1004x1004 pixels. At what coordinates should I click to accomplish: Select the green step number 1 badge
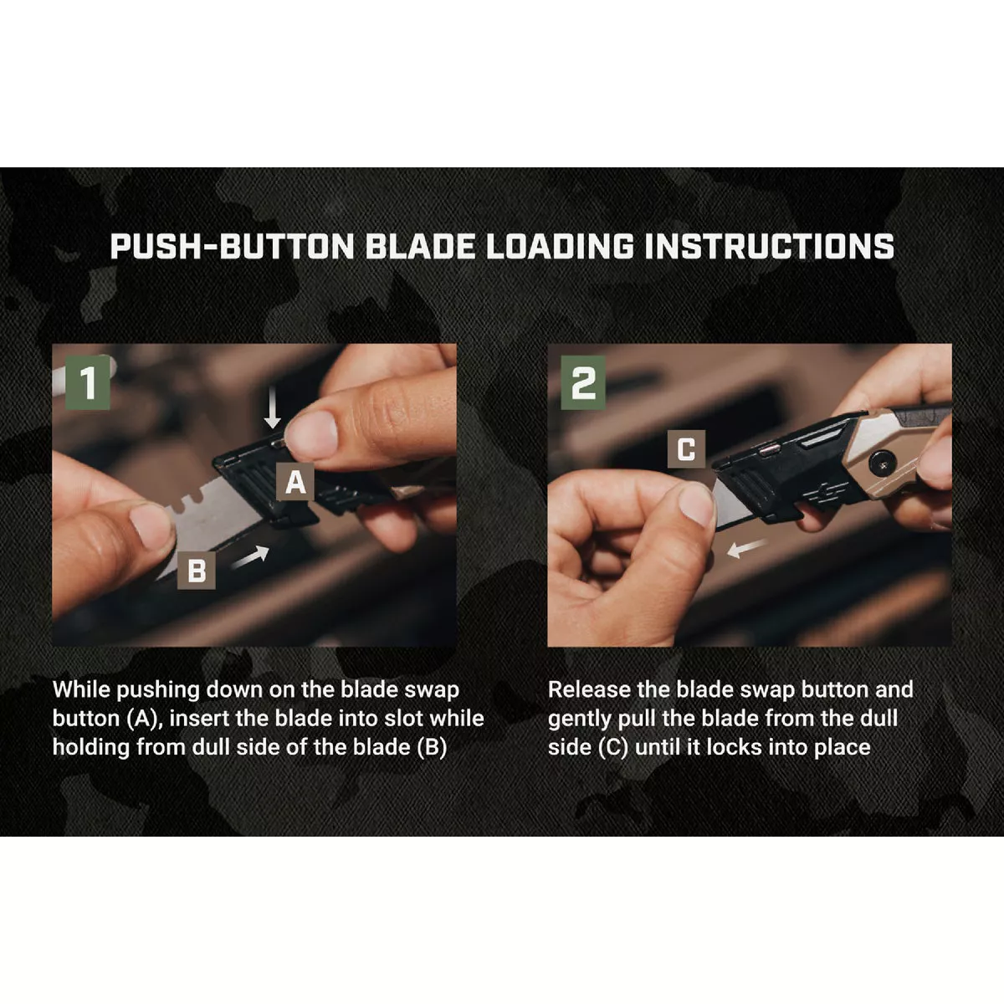coord(87,384)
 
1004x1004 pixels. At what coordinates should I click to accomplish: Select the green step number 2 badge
coord(583,384)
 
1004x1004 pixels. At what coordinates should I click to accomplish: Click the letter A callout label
coord(296,483)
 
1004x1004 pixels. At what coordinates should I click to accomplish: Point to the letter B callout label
coord(197,571)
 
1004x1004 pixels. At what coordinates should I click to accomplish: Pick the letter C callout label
coord(686,449)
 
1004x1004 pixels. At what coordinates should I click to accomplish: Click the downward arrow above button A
coord(273,410)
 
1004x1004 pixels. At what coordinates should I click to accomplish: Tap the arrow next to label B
coord(250,557)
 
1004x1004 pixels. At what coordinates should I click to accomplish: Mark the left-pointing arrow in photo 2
coord(747,548)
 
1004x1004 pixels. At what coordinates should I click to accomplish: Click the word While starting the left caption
coord(81,690)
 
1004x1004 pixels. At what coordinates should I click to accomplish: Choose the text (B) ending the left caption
coord(431,747)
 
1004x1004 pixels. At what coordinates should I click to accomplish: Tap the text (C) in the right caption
coord(613,747)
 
